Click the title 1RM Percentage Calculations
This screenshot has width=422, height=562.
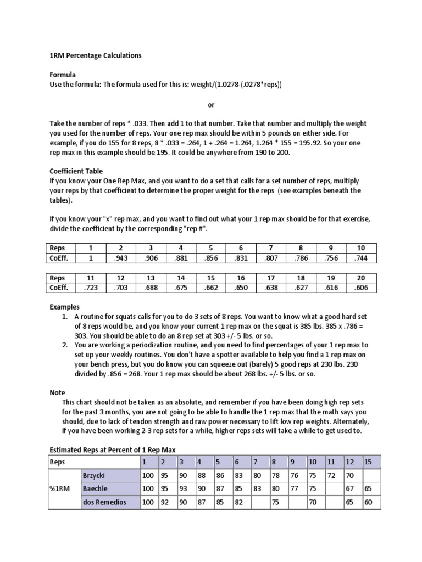(x=93, y=55)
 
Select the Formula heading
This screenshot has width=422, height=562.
(x=62, y=74)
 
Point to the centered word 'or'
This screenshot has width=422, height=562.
(x=211, y=104)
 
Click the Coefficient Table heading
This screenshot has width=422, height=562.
(x=76, y=171)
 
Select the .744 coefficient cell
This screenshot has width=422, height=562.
(x=362, y=257)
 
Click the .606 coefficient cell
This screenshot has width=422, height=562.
(x=362, y=288)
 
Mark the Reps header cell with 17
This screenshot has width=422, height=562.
(x=271, y=278)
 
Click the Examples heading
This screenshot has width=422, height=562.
(x=65, y=307)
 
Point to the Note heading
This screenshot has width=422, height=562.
(x=57, y=392)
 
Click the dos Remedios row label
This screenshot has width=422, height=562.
(x=104, y=502)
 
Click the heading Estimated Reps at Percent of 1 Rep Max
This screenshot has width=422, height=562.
(x=113, y=450)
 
